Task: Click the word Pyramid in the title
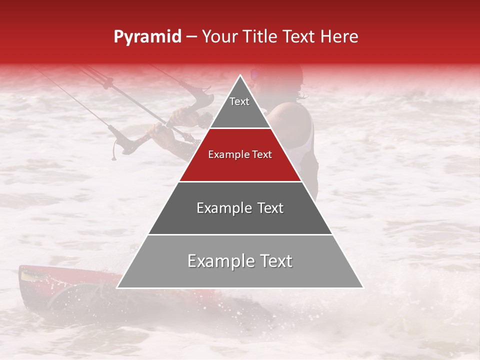(147, 37)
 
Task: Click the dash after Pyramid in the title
(191, 37)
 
